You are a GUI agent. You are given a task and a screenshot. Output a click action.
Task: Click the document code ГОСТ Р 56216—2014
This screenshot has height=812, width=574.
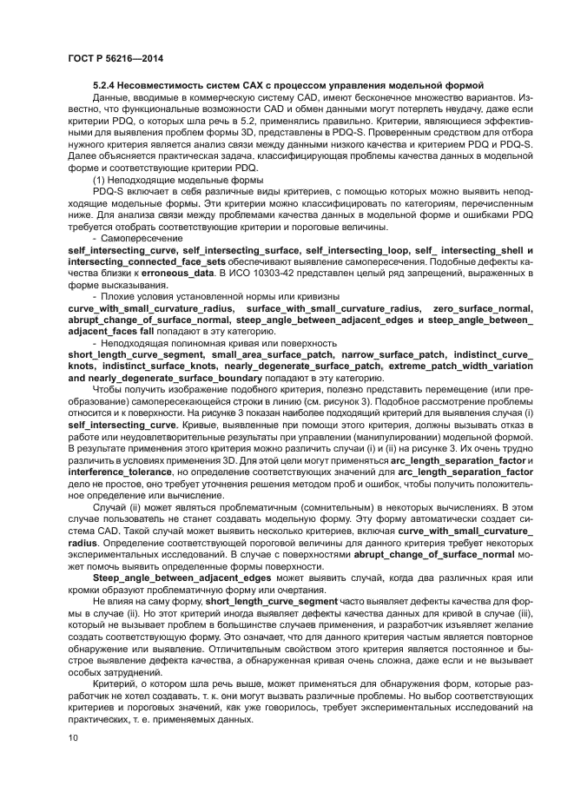(115, 58)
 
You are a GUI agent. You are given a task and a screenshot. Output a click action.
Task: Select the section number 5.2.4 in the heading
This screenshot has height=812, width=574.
(109, 88)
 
